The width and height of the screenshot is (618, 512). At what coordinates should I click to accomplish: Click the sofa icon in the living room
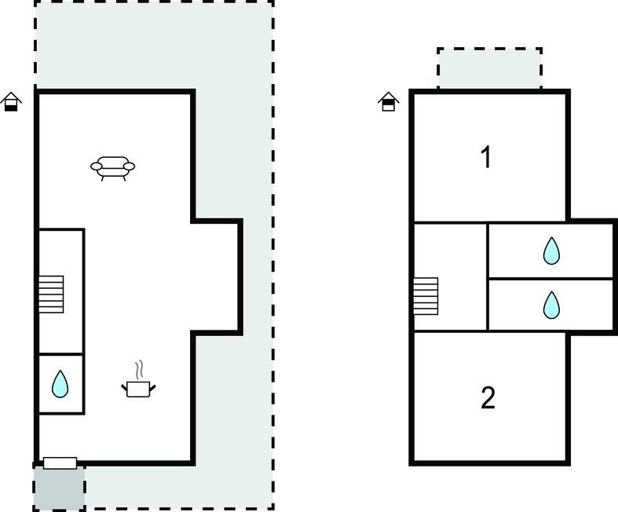point(113,168)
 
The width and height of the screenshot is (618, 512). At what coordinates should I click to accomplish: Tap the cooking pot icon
point(138,389)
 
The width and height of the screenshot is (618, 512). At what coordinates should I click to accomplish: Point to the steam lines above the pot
point(138,370)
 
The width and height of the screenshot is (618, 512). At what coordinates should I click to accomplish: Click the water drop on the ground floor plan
point(60,384)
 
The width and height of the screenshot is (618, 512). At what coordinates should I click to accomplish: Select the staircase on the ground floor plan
point(51,294)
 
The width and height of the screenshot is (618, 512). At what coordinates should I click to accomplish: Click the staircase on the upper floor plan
point(426,296)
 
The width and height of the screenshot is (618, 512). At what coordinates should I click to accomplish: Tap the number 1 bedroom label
point(487,157)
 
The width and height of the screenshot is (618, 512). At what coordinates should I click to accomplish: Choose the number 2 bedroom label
point(488,397)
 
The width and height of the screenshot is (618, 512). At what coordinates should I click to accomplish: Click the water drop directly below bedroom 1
point(551,251)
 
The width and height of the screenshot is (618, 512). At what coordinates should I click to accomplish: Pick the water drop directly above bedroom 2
point(551,305)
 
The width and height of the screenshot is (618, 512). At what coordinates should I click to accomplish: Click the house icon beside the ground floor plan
point(11,101)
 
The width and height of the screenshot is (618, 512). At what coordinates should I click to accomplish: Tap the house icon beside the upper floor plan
point(388,101)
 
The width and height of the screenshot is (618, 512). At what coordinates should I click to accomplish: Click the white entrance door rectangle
point(60,463)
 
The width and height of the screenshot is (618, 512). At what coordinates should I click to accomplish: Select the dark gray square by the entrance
point(59,488)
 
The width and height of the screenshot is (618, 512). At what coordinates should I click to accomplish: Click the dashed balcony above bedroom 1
point(489,68)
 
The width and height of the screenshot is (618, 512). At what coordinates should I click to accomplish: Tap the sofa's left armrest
point(97,166)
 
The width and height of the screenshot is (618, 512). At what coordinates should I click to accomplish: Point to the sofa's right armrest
point(129,166)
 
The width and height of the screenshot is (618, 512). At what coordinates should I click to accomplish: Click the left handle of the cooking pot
point(124,388)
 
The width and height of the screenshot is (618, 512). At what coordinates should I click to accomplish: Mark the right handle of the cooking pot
point(152,388)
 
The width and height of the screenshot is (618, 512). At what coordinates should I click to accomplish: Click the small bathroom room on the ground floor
point(60,384)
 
